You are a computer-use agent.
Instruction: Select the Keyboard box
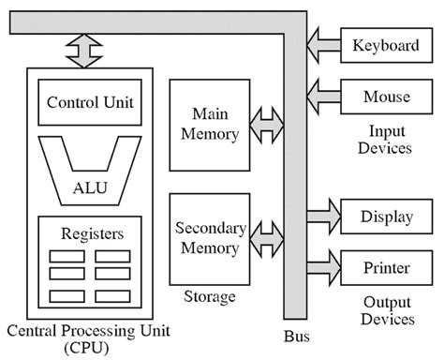pyautogui.click(x=385, y=44)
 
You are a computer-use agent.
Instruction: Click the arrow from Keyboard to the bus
pyautogui.click(x=325, y=44)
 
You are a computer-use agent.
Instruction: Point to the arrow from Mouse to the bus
pyautogui.click(x=325, y=96)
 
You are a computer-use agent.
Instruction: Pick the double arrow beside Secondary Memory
pyautogui.click(x=267, y=237)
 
